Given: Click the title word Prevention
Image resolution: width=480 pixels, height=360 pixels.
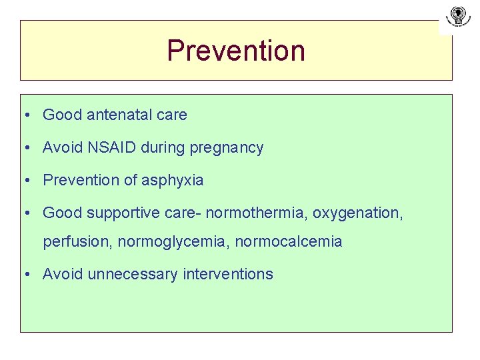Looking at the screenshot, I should (236, 51).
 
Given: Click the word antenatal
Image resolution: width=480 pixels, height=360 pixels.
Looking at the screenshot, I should (121, 115).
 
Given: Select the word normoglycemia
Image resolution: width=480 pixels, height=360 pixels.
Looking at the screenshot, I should (175, 242).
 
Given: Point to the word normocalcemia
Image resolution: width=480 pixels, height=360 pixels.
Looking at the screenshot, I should (289, 242).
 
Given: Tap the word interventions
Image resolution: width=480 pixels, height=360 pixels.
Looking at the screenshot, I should (228, 274).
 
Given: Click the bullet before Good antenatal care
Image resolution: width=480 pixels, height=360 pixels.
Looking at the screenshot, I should (25, 115).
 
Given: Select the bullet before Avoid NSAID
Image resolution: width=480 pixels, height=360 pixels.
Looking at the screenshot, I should (25, 148).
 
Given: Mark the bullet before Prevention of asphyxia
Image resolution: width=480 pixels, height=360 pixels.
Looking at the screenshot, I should (25, 181).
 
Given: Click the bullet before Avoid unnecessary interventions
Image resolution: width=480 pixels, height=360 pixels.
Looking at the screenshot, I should (25, 275).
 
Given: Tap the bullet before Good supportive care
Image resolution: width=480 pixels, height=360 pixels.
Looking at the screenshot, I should (25, 213).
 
